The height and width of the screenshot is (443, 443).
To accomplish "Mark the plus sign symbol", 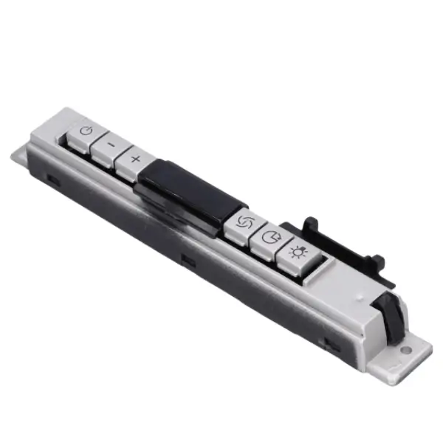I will (x=135, y=159).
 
